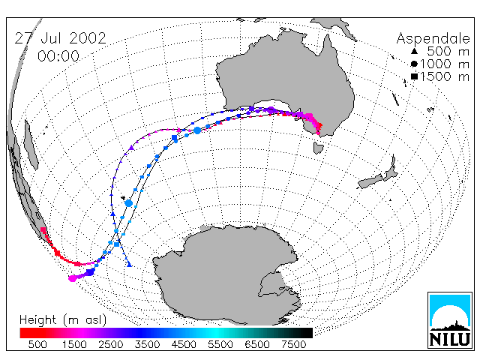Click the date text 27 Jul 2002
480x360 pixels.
coord(60,38)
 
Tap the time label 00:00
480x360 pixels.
coord(58,56)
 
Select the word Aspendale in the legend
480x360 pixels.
coord(433,39)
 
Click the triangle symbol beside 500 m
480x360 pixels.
coord(414,51)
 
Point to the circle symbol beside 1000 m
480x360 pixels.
coord(414,64)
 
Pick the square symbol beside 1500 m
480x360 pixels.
coord(414,76)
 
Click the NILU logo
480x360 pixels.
coord(450,320)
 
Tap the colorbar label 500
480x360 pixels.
coord(37,345)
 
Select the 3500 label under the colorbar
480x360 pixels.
coord(147,345)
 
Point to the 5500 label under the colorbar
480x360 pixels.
coord(220,345)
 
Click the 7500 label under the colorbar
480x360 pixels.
coord(293,345)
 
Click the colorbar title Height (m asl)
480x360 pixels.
coord(63,320)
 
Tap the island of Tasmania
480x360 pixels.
coord(318,148)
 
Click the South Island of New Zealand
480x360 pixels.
coord(370,181)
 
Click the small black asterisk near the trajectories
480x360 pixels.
coord(123,198)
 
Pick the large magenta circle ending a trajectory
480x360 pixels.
coord(72,278)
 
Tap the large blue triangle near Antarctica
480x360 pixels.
coord(129,264)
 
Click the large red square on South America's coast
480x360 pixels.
coord(43,230)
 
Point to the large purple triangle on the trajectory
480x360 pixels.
coord(132,148)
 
